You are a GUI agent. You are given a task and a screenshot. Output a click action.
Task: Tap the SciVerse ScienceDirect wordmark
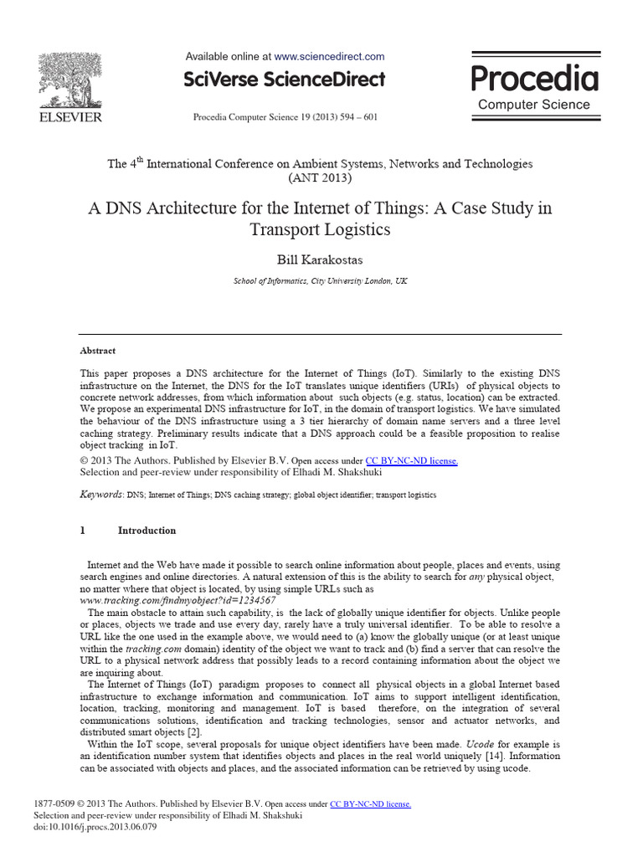[285, 80]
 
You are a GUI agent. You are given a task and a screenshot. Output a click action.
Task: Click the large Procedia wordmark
[534, 79]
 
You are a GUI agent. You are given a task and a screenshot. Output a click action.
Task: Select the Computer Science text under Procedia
[534, 105]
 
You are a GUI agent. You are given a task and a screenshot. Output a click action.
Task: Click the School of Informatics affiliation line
[320, 281]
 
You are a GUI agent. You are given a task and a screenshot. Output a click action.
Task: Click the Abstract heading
[98, 351]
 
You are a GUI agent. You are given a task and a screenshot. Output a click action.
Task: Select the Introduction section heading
[147, 530]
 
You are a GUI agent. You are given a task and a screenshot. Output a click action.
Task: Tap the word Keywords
[101, 495]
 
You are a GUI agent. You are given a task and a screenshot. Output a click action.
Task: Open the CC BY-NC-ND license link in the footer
[370, 803]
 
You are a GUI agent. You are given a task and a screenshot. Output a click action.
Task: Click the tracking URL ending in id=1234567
[177, 601]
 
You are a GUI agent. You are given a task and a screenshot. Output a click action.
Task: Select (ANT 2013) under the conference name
[320, 178]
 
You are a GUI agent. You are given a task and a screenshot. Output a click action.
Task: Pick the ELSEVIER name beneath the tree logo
[68, 117]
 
